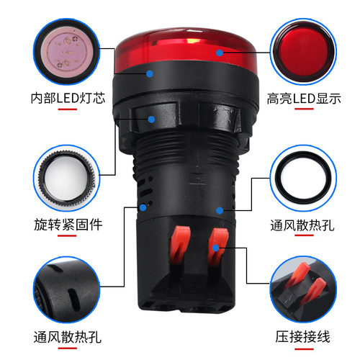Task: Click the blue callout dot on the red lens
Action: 218,51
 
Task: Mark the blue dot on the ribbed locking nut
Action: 152,120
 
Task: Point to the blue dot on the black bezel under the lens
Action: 149,72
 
